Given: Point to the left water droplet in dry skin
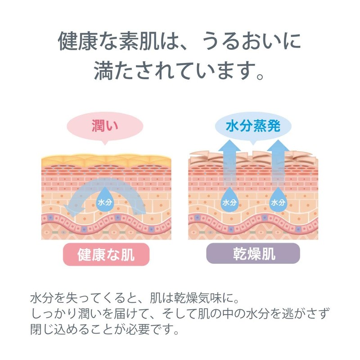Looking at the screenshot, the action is [x=229, y=201].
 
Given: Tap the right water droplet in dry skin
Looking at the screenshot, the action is [x=279, y=201].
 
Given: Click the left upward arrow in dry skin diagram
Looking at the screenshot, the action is [x=229, y=162].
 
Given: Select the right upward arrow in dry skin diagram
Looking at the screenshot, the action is [x=279, y=162].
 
